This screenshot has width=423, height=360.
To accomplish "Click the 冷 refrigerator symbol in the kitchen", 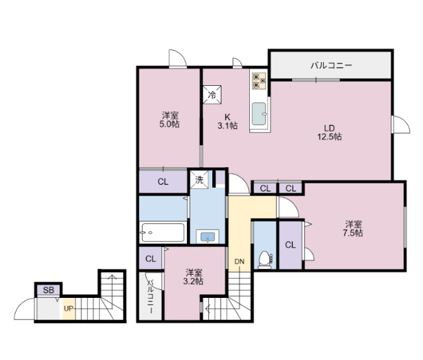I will [212, 95].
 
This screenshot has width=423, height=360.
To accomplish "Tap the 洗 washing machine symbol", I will [198, 178].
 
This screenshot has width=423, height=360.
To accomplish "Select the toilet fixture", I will [264, 259].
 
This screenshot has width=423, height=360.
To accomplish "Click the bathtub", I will [162, 232].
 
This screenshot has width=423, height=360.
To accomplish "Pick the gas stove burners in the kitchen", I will [258, 81].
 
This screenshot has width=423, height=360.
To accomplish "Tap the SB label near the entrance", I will [48, 289].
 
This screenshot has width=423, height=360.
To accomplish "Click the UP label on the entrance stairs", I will [69, 308].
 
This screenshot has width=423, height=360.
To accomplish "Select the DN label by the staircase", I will [239, 262].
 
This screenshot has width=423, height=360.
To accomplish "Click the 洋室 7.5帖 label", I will [353, 228].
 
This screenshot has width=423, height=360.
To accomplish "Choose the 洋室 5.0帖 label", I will [169, 120].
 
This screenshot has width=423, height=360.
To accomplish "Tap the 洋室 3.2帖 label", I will [194, 277].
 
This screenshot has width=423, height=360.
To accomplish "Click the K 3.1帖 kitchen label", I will [227, 120].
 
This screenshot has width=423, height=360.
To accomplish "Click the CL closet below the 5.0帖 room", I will [163, 182].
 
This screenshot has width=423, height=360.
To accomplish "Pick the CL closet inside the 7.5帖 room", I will [290, 245].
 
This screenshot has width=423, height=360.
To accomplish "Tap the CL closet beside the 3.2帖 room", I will [150, 258].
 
